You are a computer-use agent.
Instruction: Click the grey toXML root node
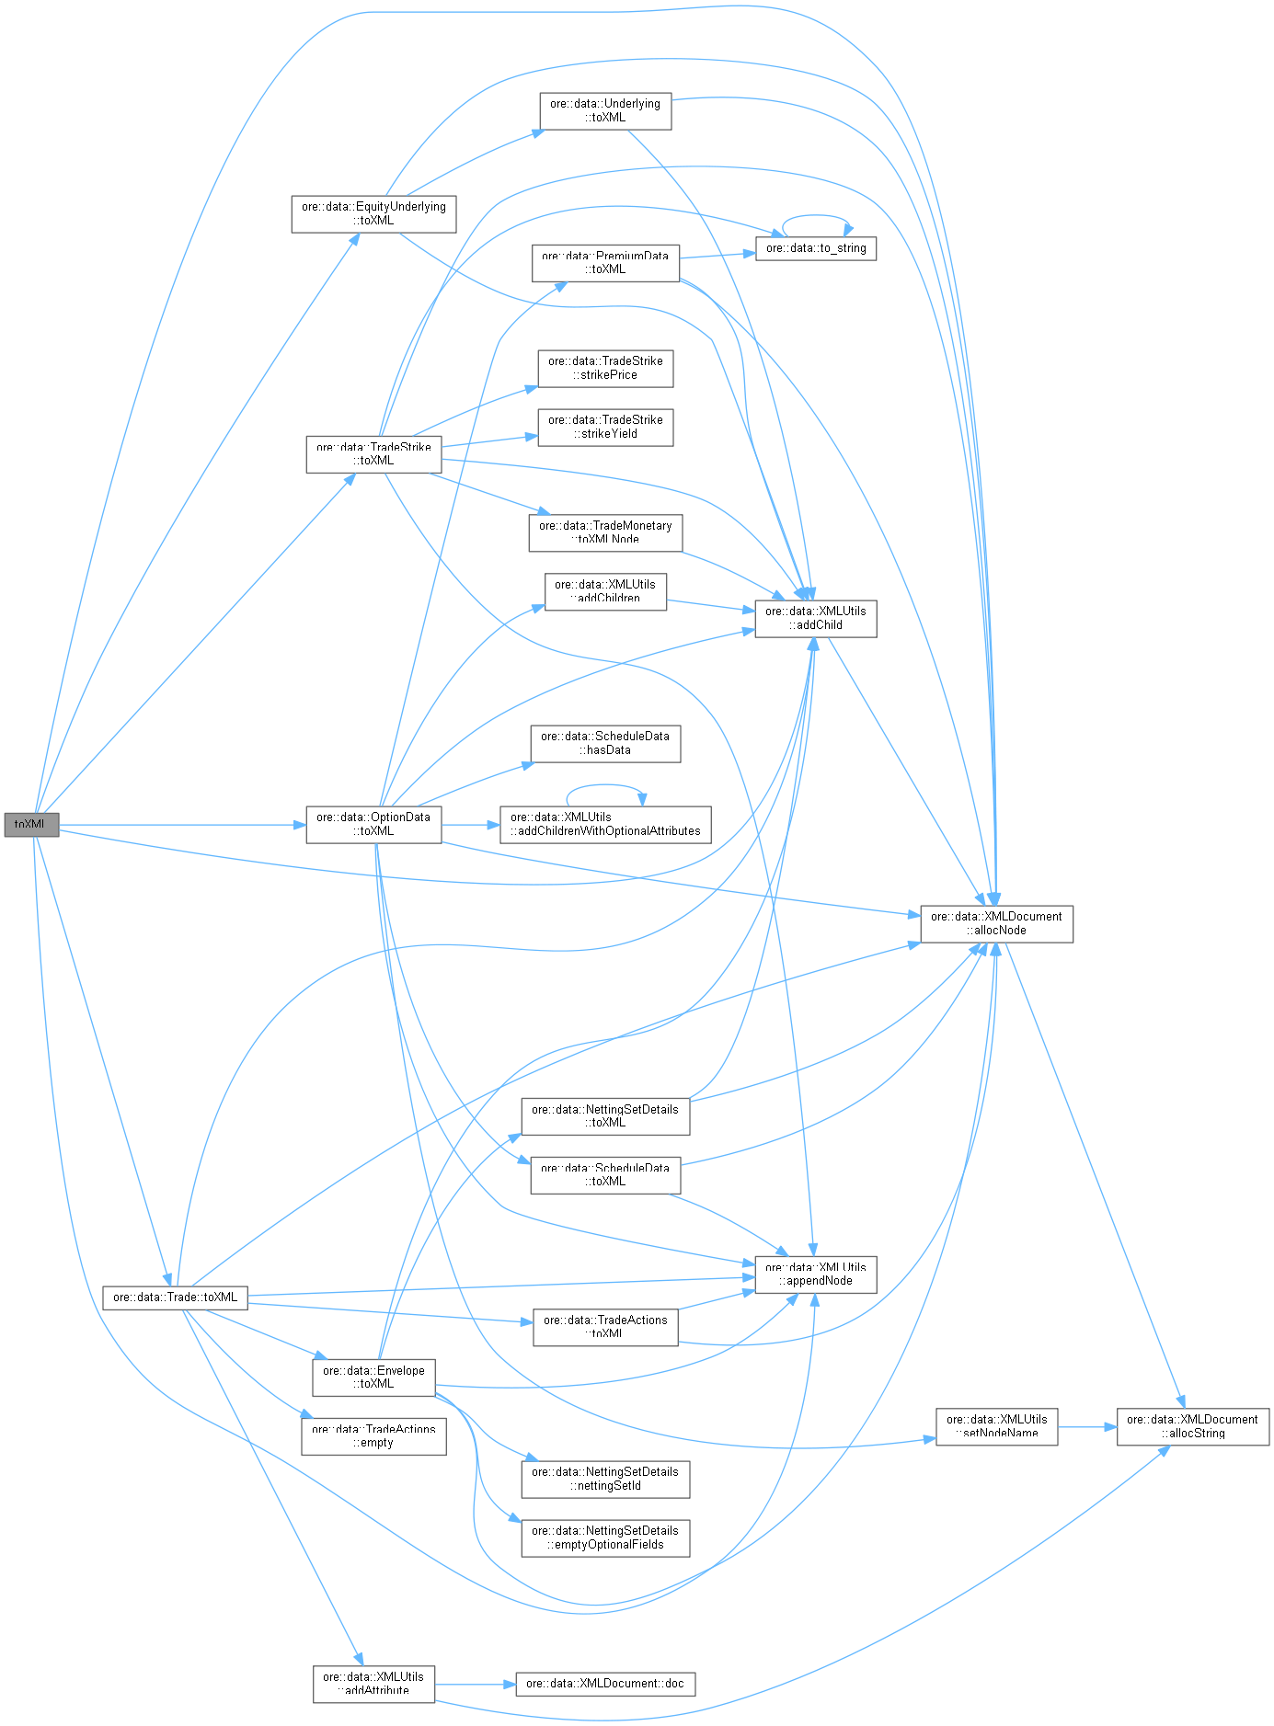pos(31,825)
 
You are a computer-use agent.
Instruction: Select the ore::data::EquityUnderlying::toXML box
pos(373,213)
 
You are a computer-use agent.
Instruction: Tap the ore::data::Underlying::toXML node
pos(605,110)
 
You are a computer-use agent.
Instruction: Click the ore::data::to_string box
pos(816,248)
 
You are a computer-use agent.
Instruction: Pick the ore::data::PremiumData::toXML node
pos(605,262)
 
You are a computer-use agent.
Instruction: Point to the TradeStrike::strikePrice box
pos(605,368)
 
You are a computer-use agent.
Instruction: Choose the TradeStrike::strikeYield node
pos(605,427)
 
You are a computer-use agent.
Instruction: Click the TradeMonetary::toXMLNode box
pos(605,532)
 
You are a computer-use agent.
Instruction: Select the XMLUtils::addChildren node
pos(605,591)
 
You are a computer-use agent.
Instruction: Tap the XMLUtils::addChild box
pos(816,618)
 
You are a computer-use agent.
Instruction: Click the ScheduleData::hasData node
pos(605,743)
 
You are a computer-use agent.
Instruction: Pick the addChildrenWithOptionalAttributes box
pos(605,824)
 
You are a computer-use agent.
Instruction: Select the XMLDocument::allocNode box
pos(996,923)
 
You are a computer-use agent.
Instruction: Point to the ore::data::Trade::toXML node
pos(175,1297)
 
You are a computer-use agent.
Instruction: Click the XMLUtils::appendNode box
pos(816,1274)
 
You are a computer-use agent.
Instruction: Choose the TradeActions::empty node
pos(373,1435)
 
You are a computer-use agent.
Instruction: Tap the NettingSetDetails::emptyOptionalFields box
pos(605,1537)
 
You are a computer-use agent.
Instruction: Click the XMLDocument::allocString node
pos(1192,1426)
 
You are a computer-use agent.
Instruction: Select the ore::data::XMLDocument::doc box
pos(605,1684)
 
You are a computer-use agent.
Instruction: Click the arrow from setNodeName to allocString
pos(1087,1427)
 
